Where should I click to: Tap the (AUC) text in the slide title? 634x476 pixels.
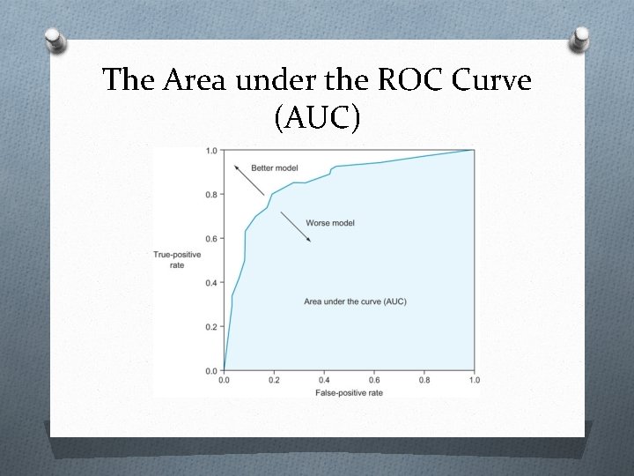click(x=317, y=118)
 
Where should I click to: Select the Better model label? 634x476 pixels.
click(x=274, y=167)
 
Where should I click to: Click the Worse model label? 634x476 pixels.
click(x=330, y=223)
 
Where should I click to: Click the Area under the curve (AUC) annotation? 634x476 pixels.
click(x=355, y=301)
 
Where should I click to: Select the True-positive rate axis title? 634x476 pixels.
click(x=177, y=260)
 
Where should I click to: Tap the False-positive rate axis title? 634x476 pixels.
click(x=350, y=391)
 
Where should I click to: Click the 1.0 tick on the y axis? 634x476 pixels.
click(x=211, y=151)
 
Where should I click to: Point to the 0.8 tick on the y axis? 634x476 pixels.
click(x=211, y=195)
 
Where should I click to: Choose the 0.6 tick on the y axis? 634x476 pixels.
click(x=211, y=239)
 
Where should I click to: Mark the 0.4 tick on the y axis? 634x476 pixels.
click(x=211, y=283)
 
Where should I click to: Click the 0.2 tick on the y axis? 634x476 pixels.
click(x=211, y=327)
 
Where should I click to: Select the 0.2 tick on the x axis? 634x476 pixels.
click(x=274, y=380)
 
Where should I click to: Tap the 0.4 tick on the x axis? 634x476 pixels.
click(x=324, y=380)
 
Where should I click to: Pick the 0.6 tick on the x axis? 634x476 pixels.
click(x=374, y=380)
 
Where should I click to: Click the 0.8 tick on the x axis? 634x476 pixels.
click(x=424, y=380)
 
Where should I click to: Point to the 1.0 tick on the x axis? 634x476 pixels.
click(x=474, y=380)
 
